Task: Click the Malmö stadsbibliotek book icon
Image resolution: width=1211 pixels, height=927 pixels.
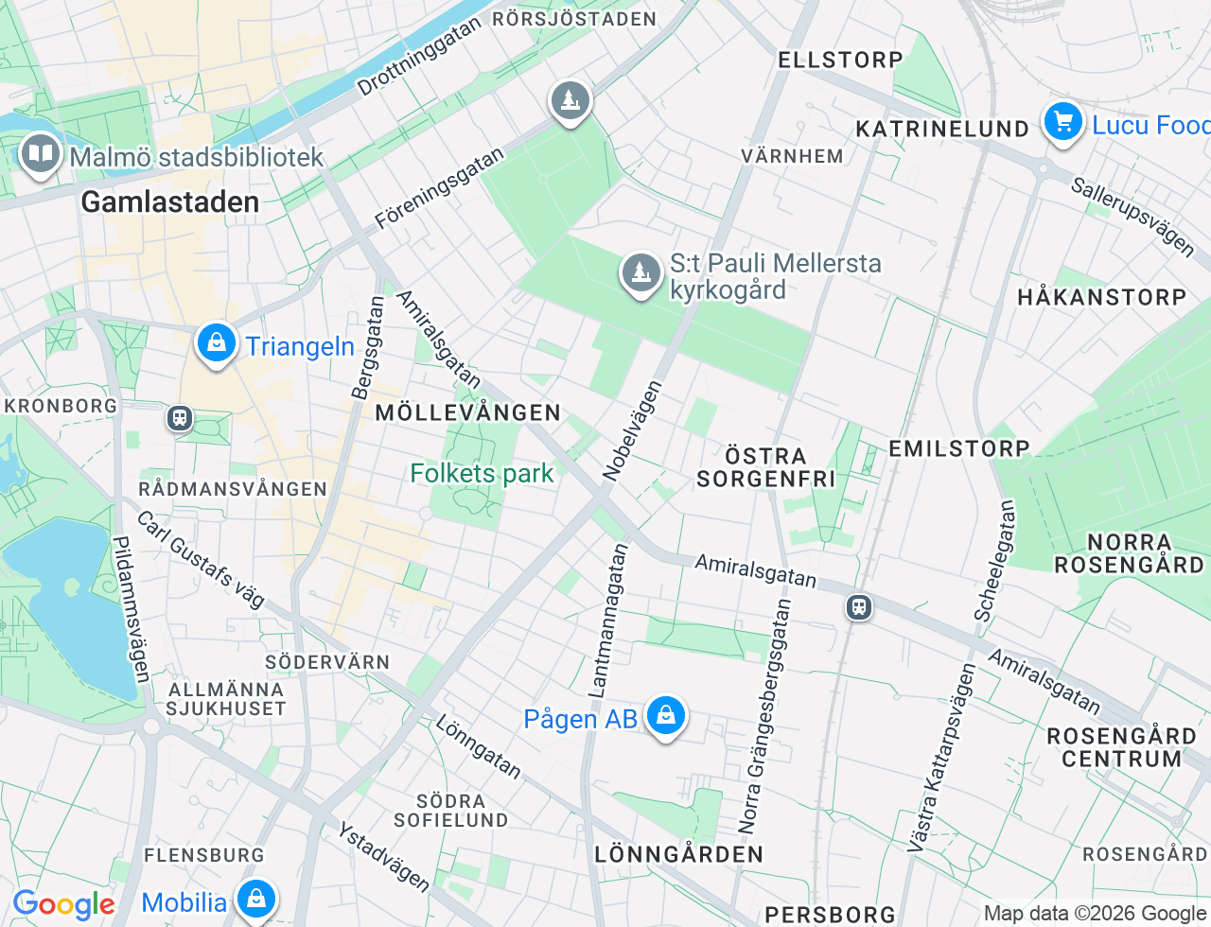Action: (40, 153)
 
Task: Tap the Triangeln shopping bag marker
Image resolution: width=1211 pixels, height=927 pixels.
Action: (217, 343)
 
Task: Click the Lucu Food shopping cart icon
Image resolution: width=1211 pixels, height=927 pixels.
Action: (1063, 122)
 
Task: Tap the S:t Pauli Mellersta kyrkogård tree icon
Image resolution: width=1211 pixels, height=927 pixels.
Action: (641, 272)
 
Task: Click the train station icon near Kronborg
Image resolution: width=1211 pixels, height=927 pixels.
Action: (180, 418)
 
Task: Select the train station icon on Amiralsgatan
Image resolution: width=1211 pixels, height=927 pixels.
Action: (859, 606)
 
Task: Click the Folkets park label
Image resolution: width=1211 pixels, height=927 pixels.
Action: (482, 473)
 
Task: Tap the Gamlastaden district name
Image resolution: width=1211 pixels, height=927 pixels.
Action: (170, 201)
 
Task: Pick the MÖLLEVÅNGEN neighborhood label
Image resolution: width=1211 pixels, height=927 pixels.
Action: (468, 412)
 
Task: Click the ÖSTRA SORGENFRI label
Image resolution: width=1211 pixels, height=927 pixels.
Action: (765, 467)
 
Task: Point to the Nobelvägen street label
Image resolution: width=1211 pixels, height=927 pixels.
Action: (632, 430)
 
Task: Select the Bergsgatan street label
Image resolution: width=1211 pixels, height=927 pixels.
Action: (367, 348)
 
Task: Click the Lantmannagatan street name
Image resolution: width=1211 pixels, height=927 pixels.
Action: (608, 621)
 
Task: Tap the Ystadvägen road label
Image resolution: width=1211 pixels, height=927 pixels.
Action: (384, 857)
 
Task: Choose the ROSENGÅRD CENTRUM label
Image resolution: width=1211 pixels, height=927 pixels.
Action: (1121, 747)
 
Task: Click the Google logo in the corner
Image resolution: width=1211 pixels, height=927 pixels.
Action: (63, 904)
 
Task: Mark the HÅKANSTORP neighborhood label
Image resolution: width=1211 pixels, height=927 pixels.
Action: (1101, 297)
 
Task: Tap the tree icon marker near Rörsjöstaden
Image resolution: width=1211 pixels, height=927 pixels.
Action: (570, 100)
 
